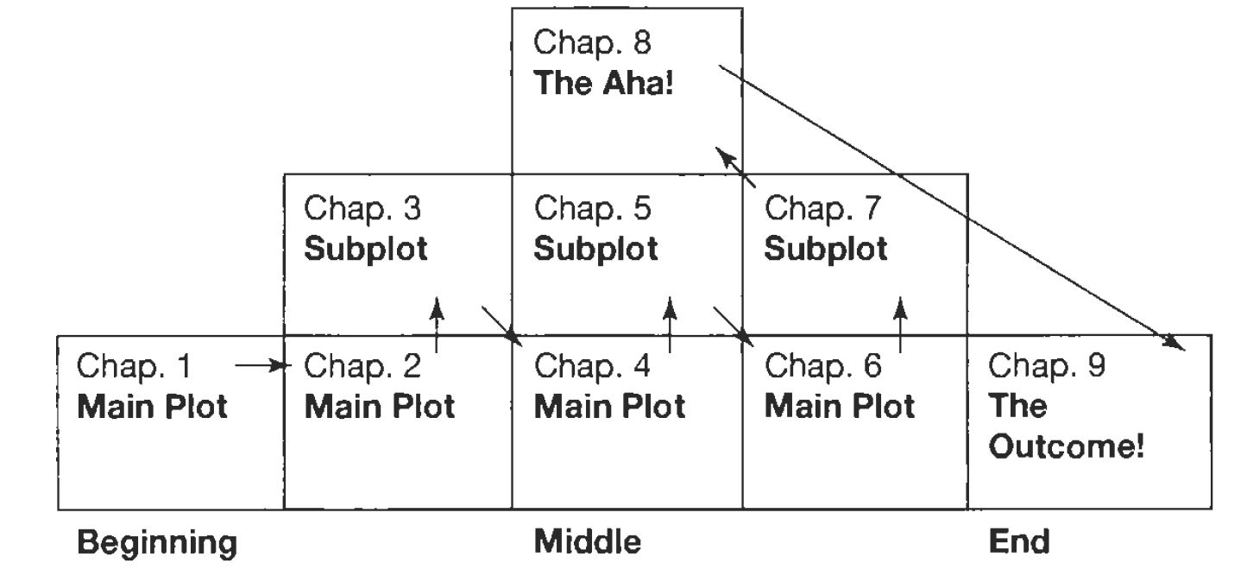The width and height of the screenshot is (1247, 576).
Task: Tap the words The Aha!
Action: [x=601, y=85]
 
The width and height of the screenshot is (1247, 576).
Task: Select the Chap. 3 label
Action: [x=363, y=209]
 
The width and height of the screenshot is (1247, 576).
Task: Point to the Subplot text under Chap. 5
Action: [x=595, y=250]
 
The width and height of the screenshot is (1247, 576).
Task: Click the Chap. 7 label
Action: [x=823, y=209]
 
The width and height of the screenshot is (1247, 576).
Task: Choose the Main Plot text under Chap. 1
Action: [x=153, y=407]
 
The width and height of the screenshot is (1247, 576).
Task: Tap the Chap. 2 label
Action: [x=363, y=367]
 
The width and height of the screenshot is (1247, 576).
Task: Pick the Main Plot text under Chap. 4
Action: [x=609, y=407]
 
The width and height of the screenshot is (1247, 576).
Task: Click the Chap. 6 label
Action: [x=823, y=367]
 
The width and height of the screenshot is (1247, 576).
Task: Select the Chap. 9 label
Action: [x=1046, y=367]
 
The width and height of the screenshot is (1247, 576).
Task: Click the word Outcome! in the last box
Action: [x=1067, y=448]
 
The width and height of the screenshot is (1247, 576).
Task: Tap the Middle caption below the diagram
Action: [x=588, y=543]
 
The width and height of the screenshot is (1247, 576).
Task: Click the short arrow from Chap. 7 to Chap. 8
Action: [x=736, y=167]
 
